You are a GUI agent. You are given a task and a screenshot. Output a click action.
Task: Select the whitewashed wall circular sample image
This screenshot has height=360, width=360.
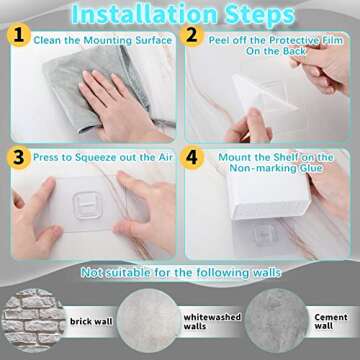[147, 320]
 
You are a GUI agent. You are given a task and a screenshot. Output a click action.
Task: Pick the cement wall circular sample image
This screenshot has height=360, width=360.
[274, 320]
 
